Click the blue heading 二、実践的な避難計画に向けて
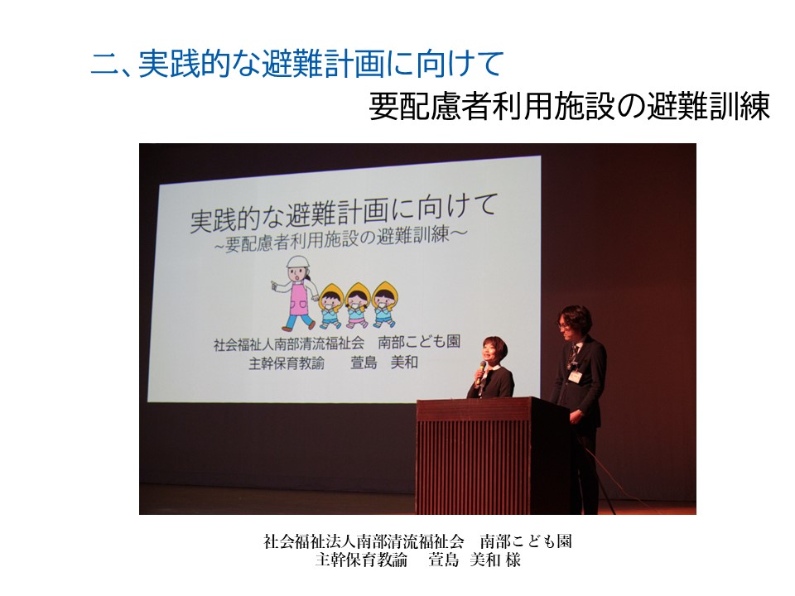(297, 65)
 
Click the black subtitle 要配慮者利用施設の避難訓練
(570, 107)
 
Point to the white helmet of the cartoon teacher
(297, 262)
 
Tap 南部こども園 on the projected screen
(419, 342)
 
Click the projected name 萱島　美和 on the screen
(383, 363)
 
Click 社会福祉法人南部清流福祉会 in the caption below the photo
(364, 541)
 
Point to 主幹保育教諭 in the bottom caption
(361, 560)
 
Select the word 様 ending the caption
(513, 560)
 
